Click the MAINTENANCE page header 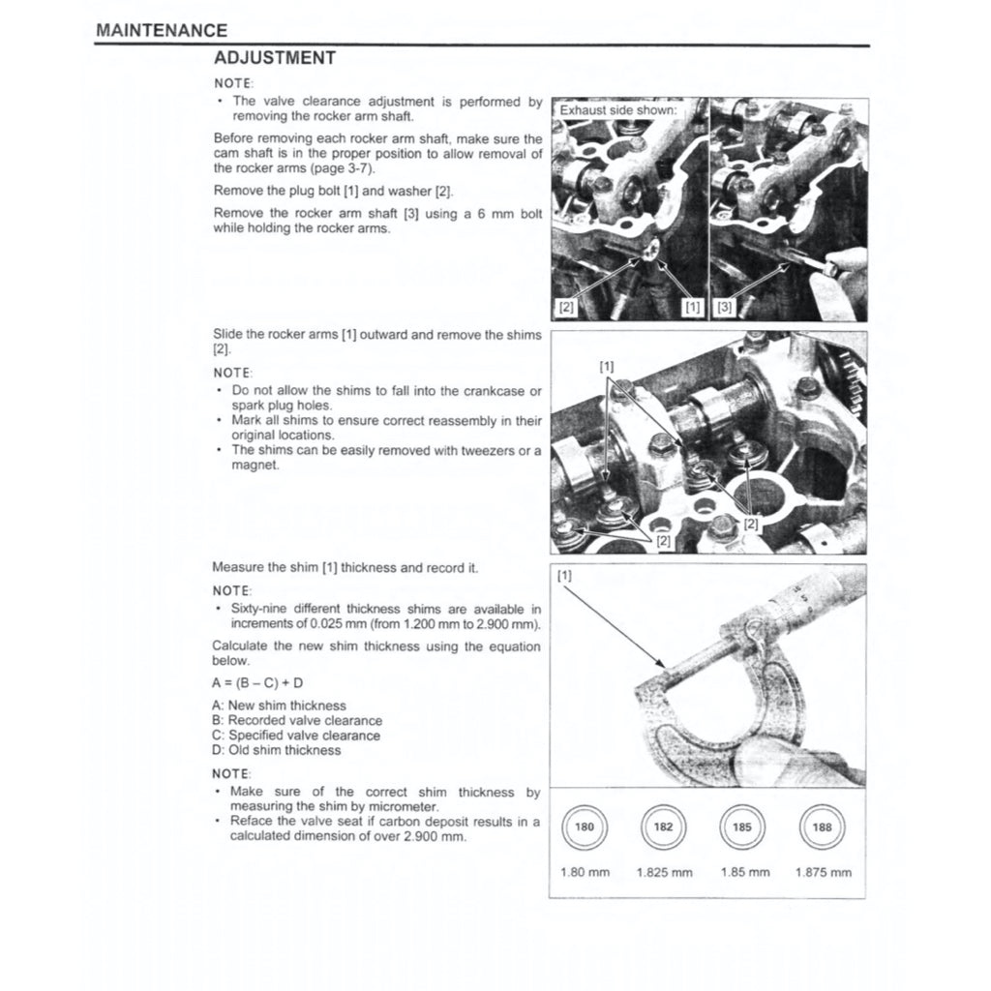162,31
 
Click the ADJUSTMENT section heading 275,58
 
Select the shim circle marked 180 585,827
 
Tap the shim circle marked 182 663,827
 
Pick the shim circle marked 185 742,827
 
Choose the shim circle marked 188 822,827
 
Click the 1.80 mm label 585,872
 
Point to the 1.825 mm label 664,872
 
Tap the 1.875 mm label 823,872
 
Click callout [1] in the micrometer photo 565,576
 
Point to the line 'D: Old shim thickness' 277,750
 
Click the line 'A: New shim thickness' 279,706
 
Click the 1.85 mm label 745,872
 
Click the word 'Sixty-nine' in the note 258,609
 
